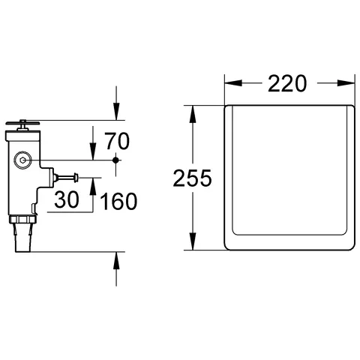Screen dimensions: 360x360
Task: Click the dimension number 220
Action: point(287,84)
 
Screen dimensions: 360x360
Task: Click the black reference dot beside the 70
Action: point(115,160)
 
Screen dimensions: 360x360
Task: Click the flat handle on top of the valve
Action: point(22,123)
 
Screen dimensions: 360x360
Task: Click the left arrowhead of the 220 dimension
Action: point(229,84)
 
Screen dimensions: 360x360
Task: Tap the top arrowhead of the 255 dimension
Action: point(194,111)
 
